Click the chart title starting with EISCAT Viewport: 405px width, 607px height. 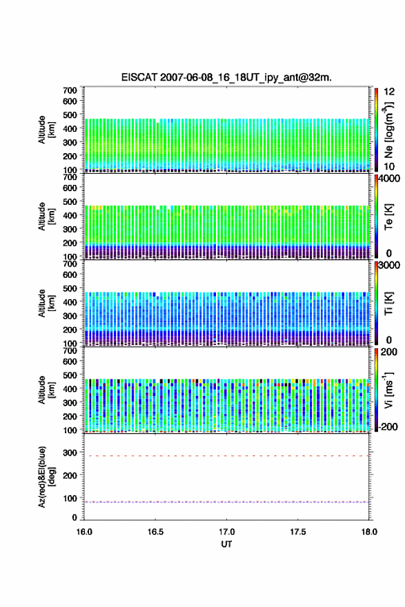pos(226,77)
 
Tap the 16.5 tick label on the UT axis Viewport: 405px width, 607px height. pos(155,532)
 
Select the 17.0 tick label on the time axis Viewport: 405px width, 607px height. pos(226,532)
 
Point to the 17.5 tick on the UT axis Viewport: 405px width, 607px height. pos(298,532)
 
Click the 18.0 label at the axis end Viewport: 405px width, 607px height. pos(369,532)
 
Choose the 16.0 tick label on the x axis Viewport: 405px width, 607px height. pos(84,532)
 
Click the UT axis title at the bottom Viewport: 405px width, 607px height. pos(226,544)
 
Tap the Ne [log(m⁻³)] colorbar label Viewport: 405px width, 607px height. pos(389,130)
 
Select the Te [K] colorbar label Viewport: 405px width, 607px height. pos(388,217)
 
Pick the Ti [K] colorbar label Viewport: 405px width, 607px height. pos(388,303)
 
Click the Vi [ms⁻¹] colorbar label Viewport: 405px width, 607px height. pos(388,390)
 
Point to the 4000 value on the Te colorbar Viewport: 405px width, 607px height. pos(388,179)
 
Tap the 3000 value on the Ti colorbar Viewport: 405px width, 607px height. pos(389,266)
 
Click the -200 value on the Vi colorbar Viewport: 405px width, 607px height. pos(388,427)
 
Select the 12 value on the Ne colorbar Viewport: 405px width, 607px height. pos(389,92)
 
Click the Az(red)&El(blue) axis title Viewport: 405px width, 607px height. pos(46,477)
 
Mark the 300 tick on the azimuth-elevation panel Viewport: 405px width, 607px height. pos(70,452)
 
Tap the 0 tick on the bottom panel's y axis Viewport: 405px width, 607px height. pos(75,517)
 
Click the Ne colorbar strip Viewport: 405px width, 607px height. pos(376,130)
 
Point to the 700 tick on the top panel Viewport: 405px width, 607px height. pos(70,90)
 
